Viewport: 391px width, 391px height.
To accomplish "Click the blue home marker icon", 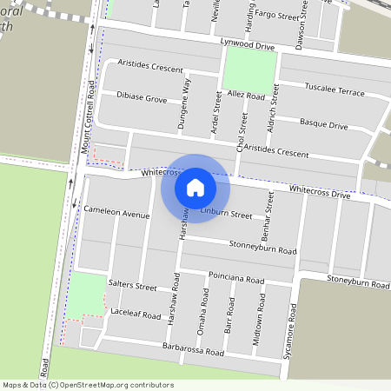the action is tap(195, 187).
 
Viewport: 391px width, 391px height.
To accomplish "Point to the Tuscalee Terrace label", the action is tap(335, 89).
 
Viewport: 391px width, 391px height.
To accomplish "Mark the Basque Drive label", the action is tap(323, 125).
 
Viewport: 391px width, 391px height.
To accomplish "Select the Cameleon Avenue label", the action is tap(117, 214).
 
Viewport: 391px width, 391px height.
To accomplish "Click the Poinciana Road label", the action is tap(235, 280).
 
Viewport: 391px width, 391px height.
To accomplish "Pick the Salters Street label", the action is tap(132, 286).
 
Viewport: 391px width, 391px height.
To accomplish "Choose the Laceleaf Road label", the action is tap(136, 314).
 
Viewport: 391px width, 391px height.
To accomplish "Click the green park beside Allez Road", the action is tap(250, 69).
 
